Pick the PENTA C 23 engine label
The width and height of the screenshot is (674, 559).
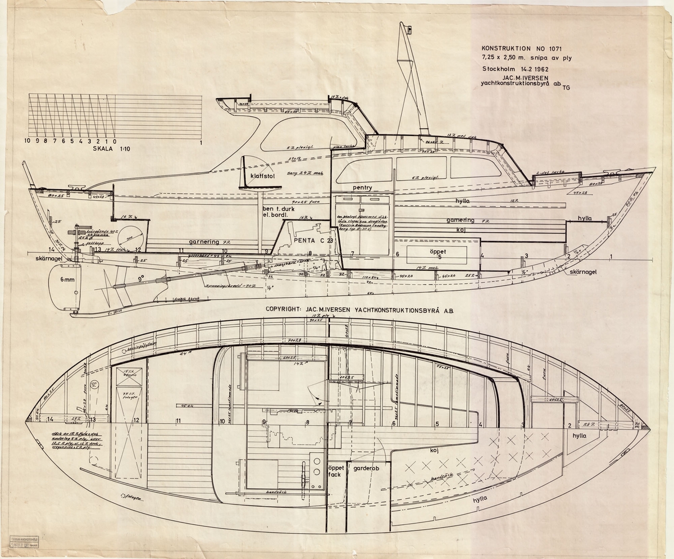pyautogui.click(x=313, y=240)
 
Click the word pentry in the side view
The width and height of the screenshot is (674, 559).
pyautogui.click(x=362, y=187)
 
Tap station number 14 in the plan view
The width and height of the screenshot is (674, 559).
pyautogui.click(x=50, y=419)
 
